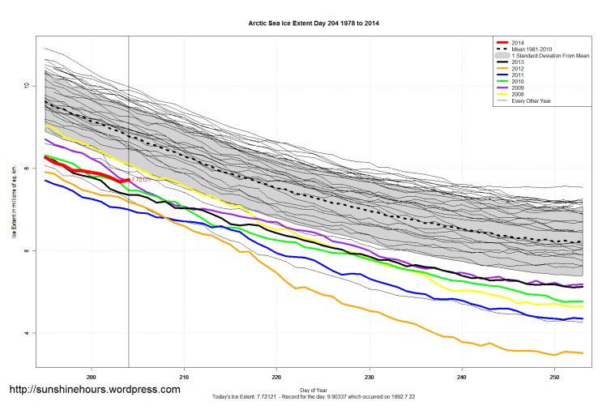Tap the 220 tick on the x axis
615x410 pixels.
coord(277,377)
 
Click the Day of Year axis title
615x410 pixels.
coord(314,390)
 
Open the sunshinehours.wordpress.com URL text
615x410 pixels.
coord(94,390)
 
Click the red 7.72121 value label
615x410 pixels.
coord(140,180)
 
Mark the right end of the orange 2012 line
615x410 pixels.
coord(583,352)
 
